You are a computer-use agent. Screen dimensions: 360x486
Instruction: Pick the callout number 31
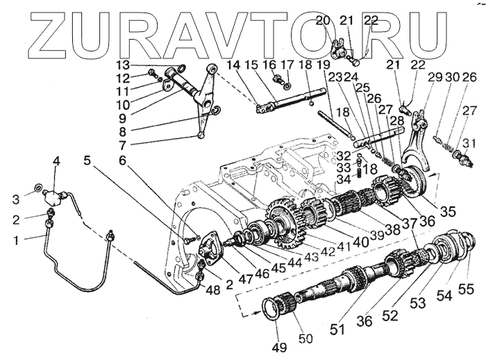tap(469, 145)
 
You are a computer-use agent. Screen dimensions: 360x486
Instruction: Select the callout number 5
tap(87, 161)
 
